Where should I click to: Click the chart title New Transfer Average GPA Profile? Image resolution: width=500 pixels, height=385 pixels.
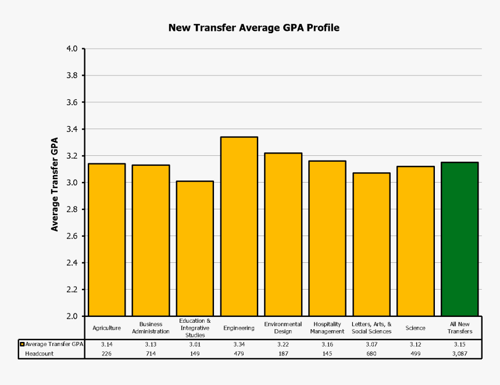point(253,27)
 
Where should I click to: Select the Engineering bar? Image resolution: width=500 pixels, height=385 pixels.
point(239,227)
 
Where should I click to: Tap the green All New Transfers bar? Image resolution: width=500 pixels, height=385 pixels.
point(459,239)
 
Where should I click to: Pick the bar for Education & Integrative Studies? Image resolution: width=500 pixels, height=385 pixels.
point(195,248)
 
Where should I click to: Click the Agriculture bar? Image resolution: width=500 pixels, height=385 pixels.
point(106,240)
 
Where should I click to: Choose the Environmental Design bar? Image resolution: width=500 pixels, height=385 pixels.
point(283,234)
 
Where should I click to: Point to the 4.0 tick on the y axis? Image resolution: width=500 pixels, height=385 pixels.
point(72,49)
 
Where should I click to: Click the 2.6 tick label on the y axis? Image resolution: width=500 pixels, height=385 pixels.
point(72,236)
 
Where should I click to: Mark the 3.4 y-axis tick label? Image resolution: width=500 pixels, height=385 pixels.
point(72,129)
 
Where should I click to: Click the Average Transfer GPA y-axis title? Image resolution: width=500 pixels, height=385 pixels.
point(55,184)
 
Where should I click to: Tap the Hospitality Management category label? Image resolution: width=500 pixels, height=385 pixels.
point(327,328)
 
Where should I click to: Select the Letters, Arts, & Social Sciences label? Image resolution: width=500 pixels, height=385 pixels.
point(372,328)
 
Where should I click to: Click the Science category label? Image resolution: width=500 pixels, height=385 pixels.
point(415,328)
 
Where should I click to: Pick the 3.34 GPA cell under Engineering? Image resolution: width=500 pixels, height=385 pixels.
point(239,344)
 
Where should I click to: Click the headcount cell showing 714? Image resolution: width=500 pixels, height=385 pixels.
point(151,353)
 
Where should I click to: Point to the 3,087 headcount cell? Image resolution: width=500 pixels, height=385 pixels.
point(460,353)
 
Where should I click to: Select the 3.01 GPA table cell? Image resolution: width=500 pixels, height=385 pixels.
point(195,344)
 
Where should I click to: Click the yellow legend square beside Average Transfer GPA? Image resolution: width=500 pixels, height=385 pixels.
point(22,344)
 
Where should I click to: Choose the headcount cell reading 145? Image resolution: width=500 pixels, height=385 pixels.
point(327,353)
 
